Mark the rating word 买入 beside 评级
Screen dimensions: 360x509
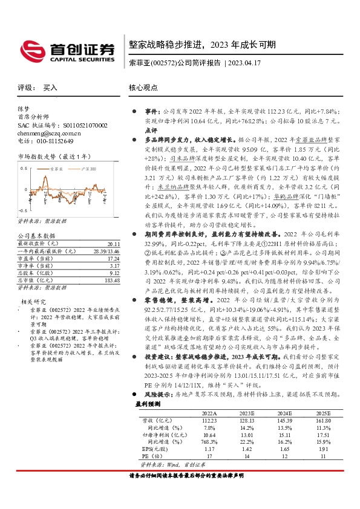click(50, 88)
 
